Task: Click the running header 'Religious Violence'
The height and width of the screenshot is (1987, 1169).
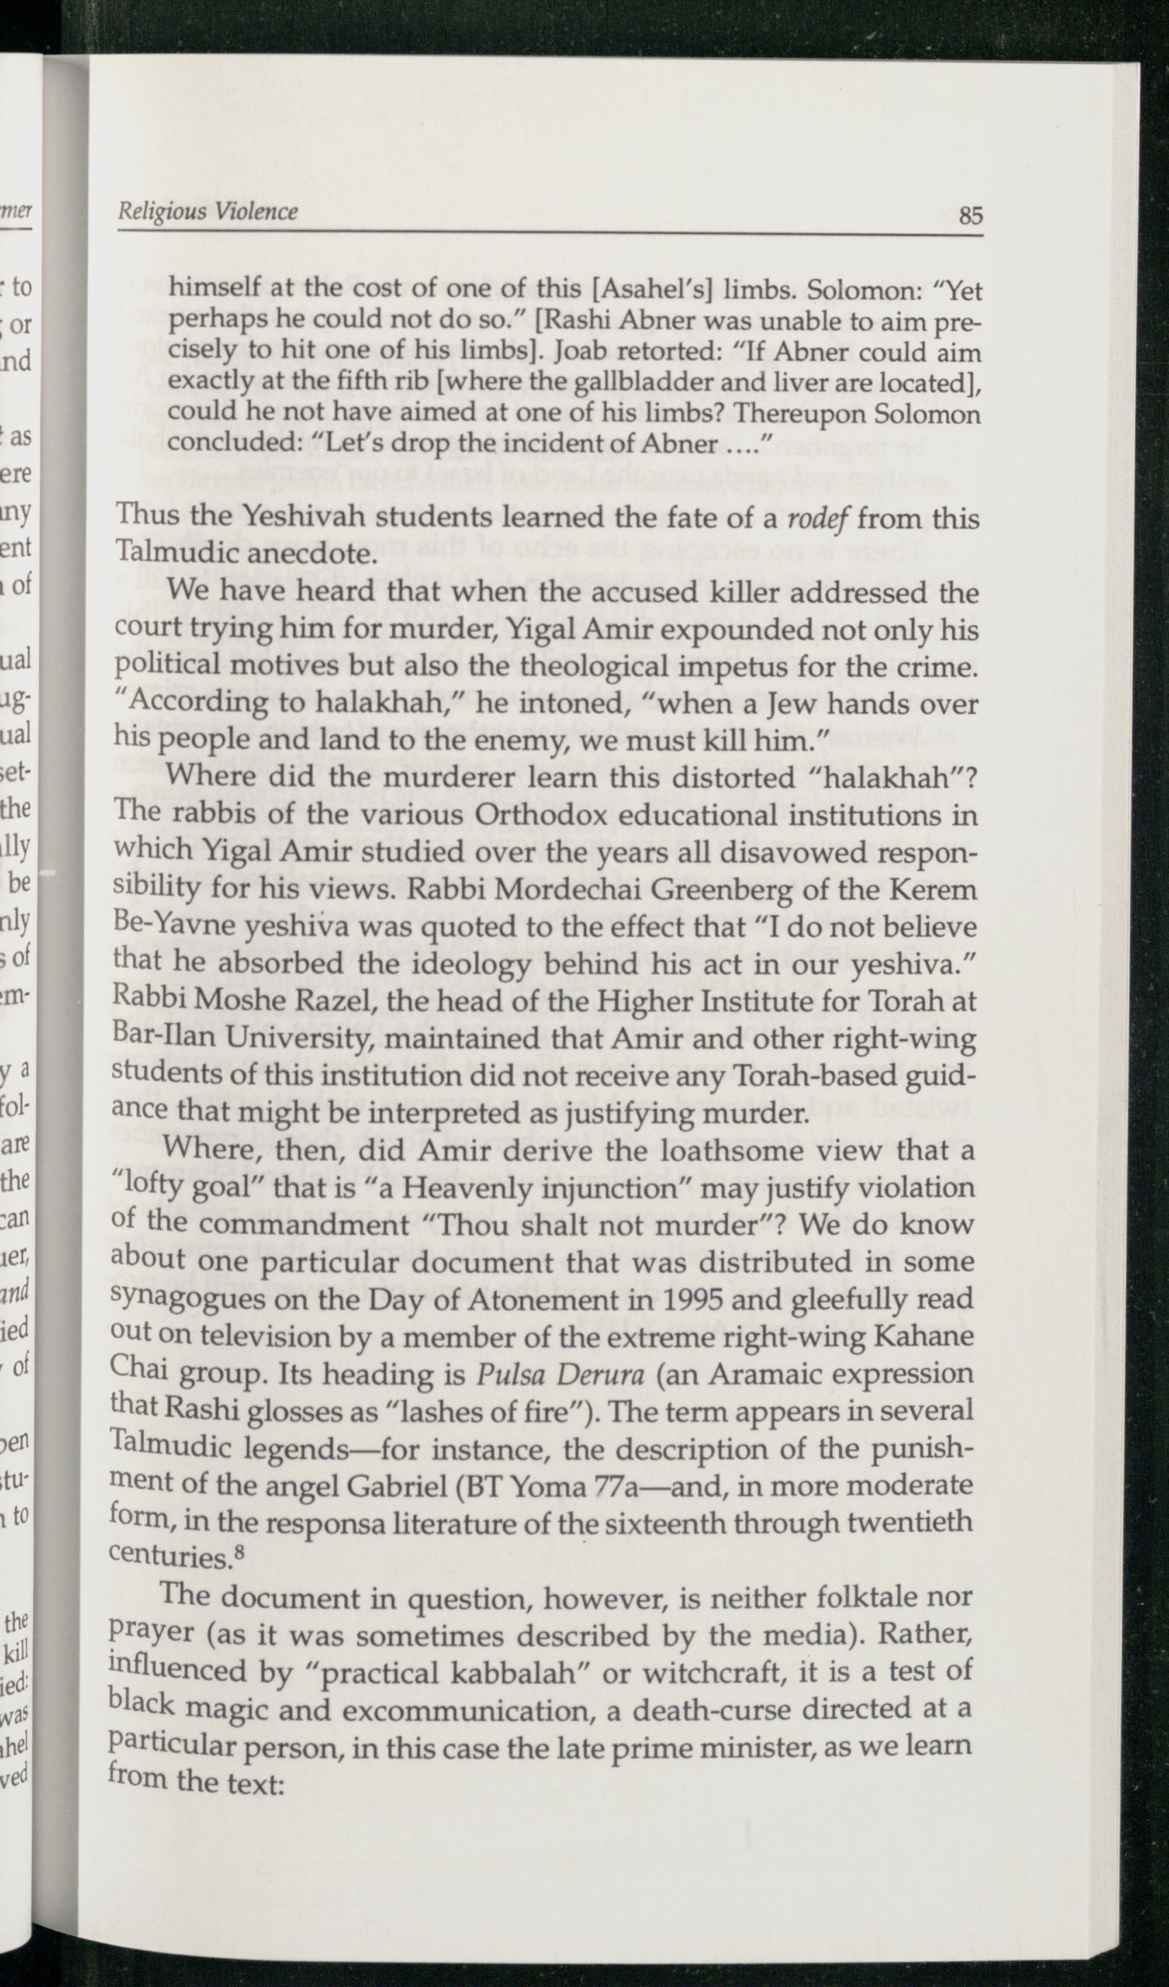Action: [x=207, y=212]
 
